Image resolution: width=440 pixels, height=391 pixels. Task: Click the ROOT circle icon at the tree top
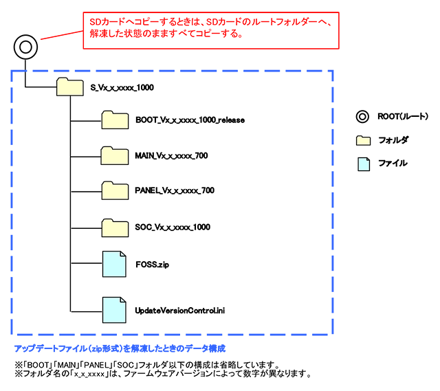click(x=25, y=47)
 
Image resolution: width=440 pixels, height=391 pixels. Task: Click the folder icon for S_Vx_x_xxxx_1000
click(x=69, y=87)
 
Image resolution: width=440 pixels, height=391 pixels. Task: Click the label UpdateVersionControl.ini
click(x=180, y=311)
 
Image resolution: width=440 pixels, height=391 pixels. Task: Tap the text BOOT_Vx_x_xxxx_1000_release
click(x=190, y=120)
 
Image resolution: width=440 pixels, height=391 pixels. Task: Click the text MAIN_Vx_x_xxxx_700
click(x=172, y=155)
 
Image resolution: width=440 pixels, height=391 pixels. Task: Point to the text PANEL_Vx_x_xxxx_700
click(x=174, y=191)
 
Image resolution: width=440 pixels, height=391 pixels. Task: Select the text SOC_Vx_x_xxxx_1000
click(x=173, y=227)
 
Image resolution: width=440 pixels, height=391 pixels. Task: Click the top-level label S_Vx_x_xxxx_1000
click(x=124, y=88)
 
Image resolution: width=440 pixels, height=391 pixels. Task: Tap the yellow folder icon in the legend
click(x=363, y=140)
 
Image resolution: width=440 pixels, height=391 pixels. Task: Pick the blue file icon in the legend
click(x=362, y=163)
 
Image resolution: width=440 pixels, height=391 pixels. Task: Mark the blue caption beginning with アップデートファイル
click(x=120, y=348)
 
